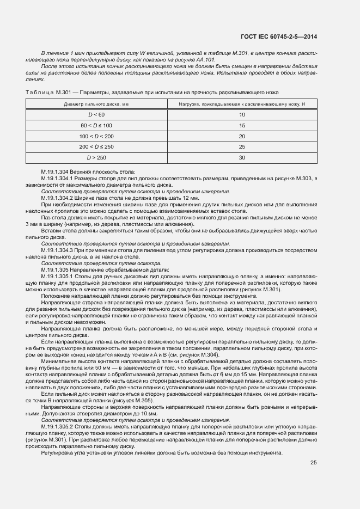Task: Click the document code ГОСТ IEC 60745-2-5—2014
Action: click(278, 36)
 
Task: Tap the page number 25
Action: click(313, 447)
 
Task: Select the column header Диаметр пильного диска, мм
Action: click(96, 103)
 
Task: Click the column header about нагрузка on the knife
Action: click(242, 103)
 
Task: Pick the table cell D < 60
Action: click(96, 114)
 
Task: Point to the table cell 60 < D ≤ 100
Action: click(96, 125)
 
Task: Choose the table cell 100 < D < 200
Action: click(96, 136)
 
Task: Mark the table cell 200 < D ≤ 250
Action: click(96, 147)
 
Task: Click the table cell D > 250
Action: click(96, 158)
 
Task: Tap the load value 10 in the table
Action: click(242, 114)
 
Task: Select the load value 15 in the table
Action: click(242, 125)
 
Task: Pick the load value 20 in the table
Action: click(242, 136)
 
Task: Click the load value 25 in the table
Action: click(242, 147)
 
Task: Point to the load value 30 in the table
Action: click(242, 158)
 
